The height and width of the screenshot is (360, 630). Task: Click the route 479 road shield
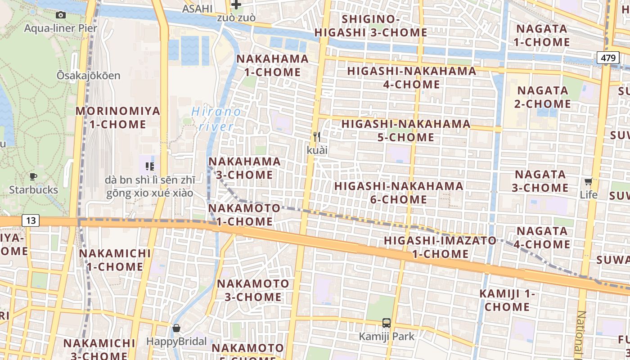pyautogui.click(x=607, y=58)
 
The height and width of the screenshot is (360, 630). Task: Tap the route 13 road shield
pyautogui.click(x=31, y=220)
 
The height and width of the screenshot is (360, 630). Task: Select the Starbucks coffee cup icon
pyautogui.click(x=33, y=176)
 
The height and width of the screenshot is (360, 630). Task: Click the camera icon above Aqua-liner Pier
pyautogui.click(x=61, y=15)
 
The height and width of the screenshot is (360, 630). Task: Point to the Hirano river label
pyautogui.click(x=216, y=119)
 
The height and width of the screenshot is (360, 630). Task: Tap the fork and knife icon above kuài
pyautogui.click(x=317, y=136)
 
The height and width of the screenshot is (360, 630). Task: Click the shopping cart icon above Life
pyautogui.click(x=588, y=182)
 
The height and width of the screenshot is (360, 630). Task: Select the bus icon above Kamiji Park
pyautogui.click(x=387, y=323)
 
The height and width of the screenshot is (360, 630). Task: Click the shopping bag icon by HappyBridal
pyautogui.click(x=176, y=328)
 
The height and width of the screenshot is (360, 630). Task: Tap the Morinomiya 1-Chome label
pyautogui.click(x=117, y=117)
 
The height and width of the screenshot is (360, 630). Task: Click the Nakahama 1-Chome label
pyautogui.click(x=273, y=65)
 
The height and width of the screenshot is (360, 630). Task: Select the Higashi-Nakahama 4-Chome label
pyautogui.click(x=412, y=77)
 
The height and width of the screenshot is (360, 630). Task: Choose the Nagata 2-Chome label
pyautogui.click(x=542, y=97)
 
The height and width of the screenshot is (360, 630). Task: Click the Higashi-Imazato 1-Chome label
pyautogui.click(x=440, y=247)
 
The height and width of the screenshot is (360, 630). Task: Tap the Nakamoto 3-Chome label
pyautogui.click(x=253, y=290)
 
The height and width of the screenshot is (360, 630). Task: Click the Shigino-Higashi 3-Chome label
pyautogui.click(x=371, y=26)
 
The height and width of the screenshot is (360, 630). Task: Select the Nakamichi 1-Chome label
pyautogui.click(x=115, y=260)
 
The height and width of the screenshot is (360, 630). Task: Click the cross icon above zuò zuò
pyautogui.click(x=236, y=5)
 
